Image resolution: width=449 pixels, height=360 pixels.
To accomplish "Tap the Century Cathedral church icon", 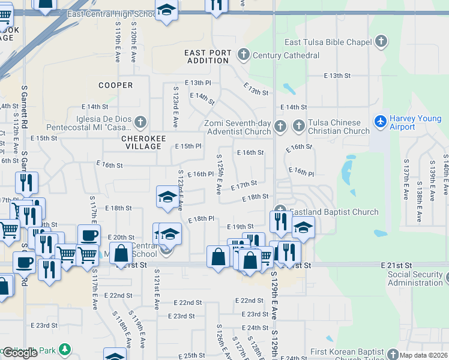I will tap(243, 55).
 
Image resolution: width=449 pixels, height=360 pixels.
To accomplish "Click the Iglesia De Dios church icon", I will tap(140, 123).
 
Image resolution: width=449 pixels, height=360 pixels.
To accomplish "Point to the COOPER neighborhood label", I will tap(115, 85).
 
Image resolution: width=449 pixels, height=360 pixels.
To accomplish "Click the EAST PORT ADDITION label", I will tap(208, 56).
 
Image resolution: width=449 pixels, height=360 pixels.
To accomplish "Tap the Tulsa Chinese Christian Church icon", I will tap(299, 127).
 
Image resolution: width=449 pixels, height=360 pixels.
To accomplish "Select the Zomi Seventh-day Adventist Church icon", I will tap(280, 127).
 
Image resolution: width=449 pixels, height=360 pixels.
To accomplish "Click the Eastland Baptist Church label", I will tap(334, 212).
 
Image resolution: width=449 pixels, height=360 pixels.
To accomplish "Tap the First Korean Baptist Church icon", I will tap(393, 354).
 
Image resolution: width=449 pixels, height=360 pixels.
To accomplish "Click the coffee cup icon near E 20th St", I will tap(89, 236).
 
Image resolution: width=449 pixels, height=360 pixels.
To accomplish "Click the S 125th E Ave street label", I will tap(219, 174).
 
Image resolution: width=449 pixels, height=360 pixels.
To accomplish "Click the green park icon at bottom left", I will tap(64, 349).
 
